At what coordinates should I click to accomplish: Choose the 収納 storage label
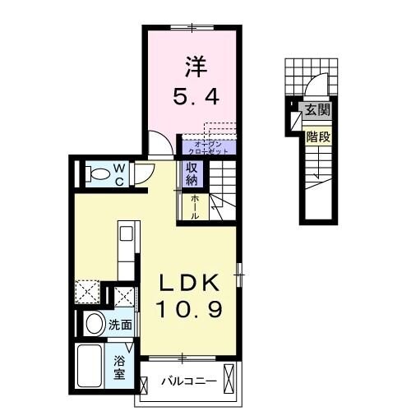191,174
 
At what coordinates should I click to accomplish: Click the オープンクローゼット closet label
209,147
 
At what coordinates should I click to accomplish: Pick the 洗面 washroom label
121,325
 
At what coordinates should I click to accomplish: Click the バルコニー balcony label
188,382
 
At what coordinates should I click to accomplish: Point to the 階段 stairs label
317,137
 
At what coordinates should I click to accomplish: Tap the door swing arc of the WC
145,170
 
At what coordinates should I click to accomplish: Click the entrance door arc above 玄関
312,90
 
